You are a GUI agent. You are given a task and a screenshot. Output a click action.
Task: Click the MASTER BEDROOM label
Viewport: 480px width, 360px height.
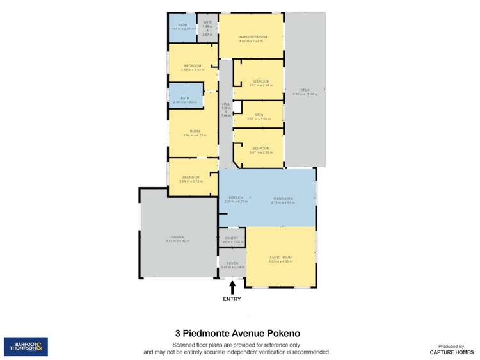point(252,37)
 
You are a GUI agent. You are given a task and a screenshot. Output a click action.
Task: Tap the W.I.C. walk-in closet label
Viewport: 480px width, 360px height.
point(207,22)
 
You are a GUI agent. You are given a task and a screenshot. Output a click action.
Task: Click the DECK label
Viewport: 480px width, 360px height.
point(304,89)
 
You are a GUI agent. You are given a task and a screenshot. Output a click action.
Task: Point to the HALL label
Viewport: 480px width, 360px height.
point(225,104)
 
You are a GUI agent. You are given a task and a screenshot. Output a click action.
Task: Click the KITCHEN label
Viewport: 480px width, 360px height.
point(230,198)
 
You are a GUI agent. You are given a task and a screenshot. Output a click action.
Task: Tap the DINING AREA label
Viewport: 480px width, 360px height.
point(282,198)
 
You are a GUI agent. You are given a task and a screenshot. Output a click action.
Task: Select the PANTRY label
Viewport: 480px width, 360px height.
point(231,238)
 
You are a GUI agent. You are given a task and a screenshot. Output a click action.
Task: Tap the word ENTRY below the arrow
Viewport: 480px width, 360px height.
point(232,299)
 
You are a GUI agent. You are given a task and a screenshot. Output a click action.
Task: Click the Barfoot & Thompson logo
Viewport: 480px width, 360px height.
point(26,347)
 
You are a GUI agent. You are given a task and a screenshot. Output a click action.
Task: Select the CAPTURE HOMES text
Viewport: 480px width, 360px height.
point(451,352)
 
